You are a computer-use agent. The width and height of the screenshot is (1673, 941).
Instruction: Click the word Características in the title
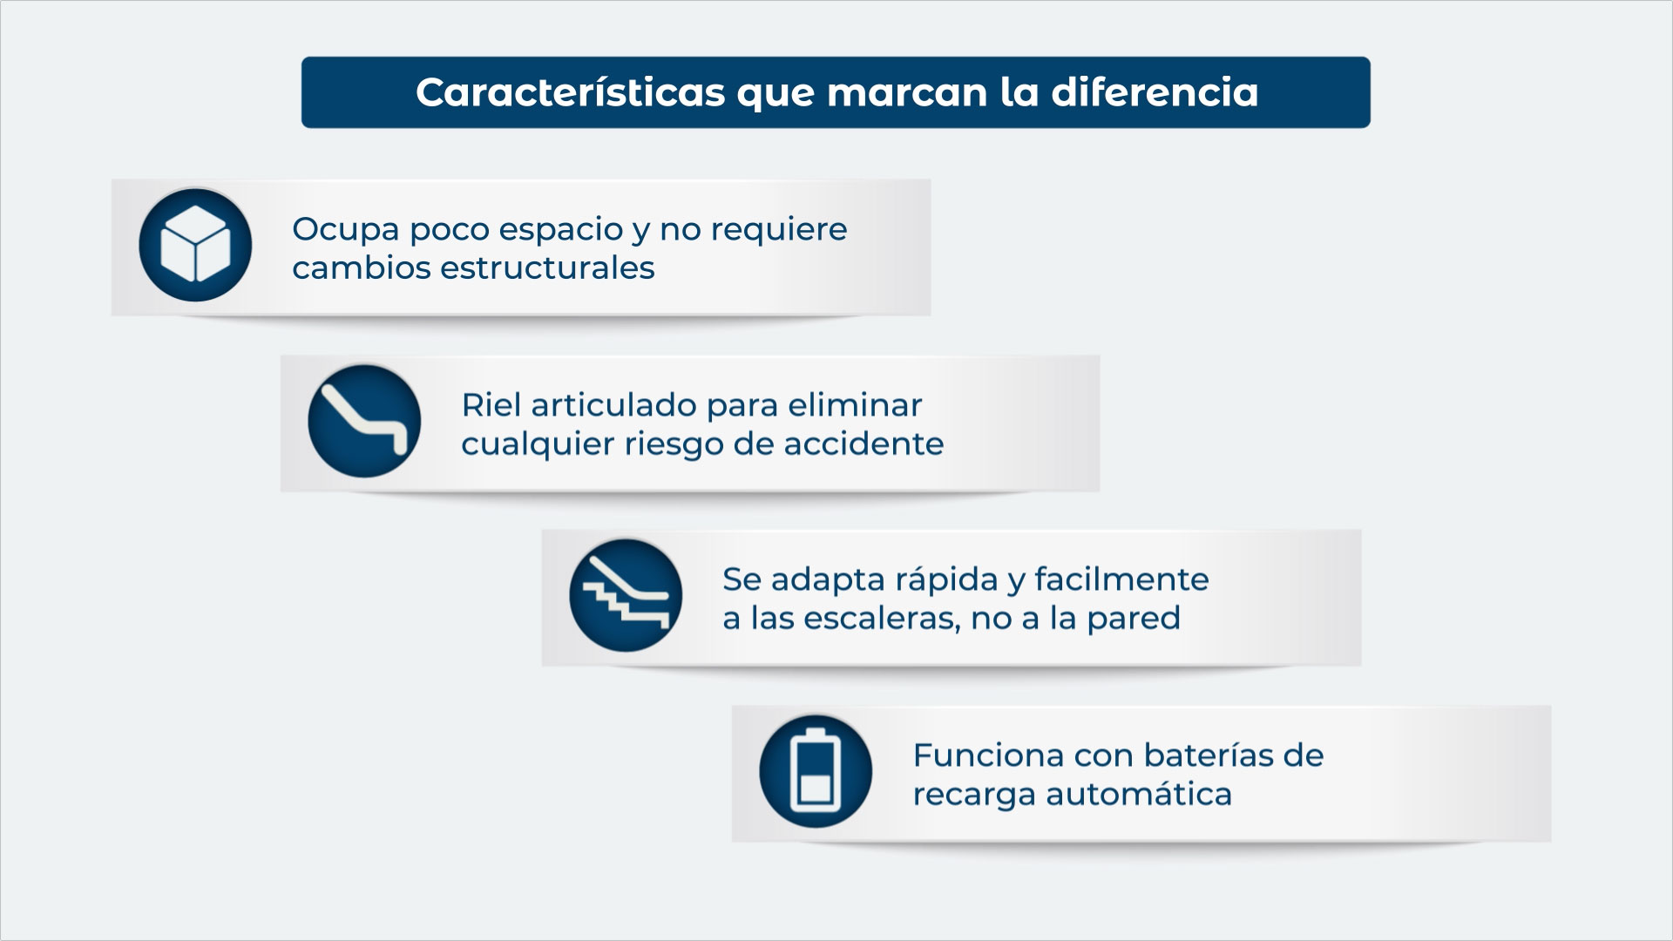(570, 92)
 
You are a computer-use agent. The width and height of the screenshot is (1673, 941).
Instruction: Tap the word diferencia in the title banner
(1155, 92)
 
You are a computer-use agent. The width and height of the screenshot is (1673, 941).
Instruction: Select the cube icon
(195, 245)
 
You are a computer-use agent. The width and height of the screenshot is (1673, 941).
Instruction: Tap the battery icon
(816, 771)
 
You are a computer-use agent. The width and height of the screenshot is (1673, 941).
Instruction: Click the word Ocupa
(345, 230)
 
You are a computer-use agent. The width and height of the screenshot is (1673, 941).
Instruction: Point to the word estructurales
(547, 267)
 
